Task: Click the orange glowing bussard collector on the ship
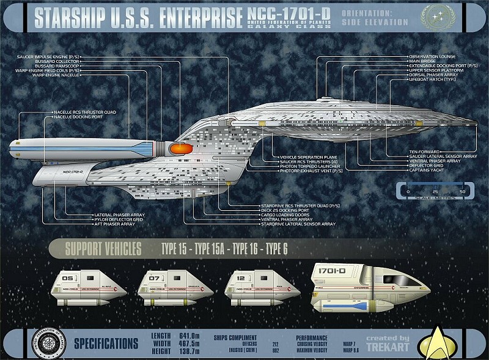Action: (x=180, y=148)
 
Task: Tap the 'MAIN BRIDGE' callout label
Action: (x=422, y=61)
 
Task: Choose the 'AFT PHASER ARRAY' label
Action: (x=114, y=224)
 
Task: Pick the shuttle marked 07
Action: (x=164, y=287)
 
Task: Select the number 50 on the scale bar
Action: (x=461, y=191)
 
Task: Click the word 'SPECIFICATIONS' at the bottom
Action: (x=106, y=343)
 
